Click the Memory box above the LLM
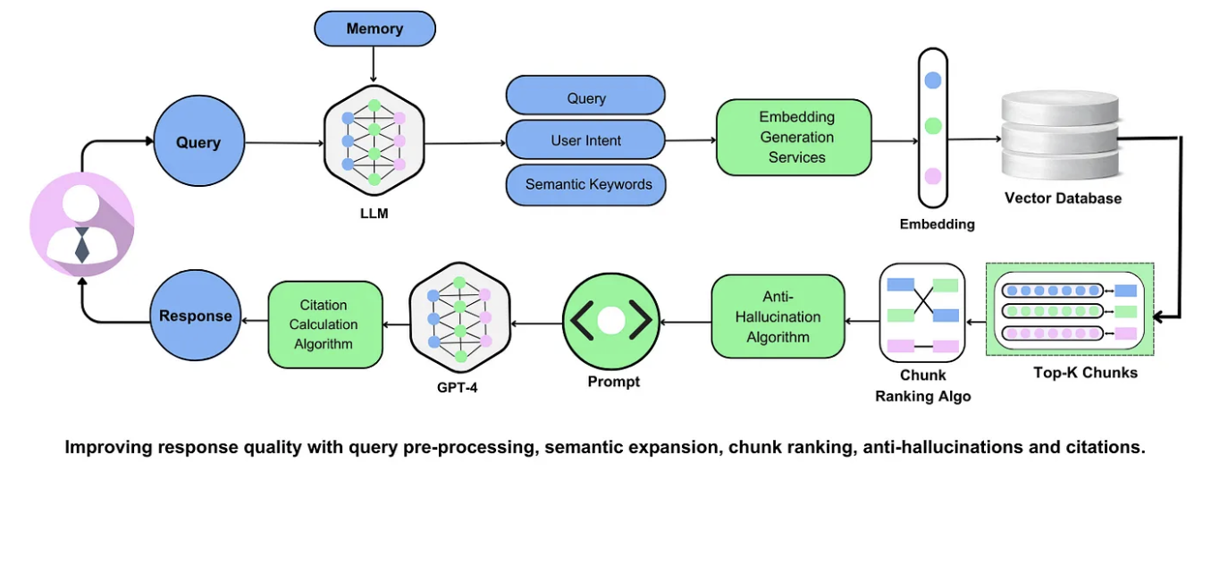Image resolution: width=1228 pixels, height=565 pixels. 374,29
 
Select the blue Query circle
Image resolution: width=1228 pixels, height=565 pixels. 198,142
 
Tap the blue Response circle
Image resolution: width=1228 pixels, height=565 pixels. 195,316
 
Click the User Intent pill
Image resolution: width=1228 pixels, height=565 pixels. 585,140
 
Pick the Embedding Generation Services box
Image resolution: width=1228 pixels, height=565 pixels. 794,137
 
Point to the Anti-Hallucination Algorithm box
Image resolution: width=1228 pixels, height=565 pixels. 778,316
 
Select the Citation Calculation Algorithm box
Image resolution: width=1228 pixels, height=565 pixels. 325,325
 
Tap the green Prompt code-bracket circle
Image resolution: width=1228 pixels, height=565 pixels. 611,320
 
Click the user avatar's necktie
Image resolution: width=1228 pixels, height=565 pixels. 81,244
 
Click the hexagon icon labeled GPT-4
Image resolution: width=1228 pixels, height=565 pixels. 459,319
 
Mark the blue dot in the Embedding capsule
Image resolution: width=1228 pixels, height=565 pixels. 932,80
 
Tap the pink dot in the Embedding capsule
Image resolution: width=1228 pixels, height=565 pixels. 932,176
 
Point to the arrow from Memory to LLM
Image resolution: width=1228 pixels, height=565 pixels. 374,64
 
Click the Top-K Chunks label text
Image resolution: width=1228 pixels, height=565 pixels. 1085,373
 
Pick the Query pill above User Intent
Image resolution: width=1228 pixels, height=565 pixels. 585,97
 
